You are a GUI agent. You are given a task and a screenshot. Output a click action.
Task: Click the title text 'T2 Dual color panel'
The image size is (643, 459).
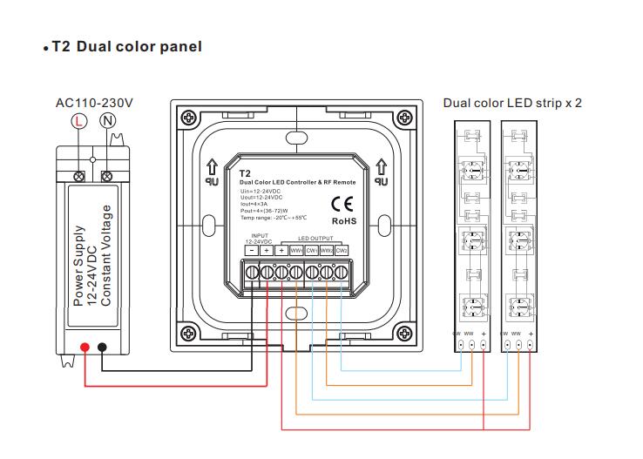[126, 46]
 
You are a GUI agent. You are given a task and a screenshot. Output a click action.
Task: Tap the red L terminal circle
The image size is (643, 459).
[79, 122]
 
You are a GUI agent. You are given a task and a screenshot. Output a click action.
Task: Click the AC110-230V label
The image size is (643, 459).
[94, 103]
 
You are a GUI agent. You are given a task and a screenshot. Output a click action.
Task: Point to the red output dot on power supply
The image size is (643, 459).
[85, 348]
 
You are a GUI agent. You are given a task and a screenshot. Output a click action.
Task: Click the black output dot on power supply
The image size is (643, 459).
[103, 348]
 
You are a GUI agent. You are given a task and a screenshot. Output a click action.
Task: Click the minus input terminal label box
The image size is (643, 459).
[251, 251]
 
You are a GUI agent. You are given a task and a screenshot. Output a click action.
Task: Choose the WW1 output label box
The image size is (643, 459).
[295, 251]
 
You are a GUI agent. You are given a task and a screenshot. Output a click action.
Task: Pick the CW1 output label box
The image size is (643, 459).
[311, 251]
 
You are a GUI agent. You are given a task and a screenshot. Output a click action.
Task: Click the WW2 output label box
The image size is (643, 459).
[326, 251]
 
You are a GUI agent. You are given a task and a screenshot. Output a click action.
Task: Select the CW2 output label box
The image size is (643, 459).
[341, 251]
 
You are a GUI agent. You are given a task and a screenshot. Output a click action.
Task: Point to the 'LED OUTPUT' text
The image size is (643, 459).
[315, 239]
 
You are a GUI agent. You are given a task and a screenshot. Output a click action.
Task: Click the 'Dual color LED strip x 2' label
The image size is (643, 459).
[511, 103]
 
